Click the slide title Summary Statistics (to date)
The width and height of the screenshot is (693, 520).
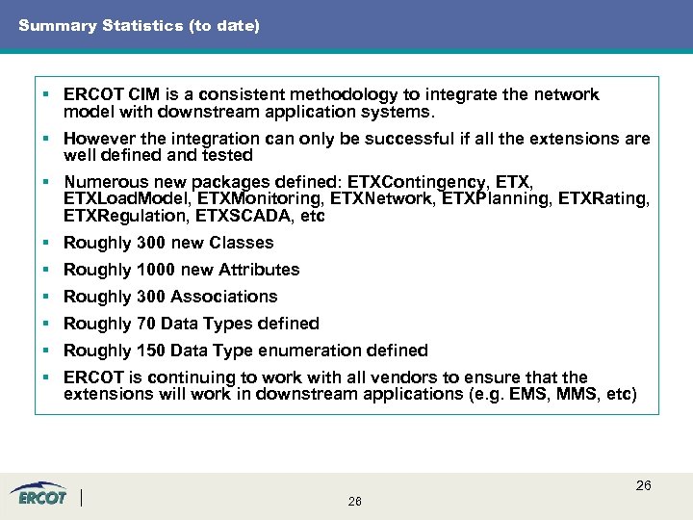tap(139, 26)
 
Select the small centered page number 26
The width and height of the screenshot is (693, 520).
tap(355, 502)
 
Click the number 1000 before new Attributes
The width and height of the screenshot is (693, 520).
tap(157, 270)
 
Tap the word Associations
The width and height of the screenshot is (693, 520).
tap(228, 297)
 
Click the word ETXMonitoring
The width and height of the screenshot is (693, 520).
tap(261, 199)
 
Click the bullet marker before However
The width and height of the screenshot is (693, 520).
tap(45, 139)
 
